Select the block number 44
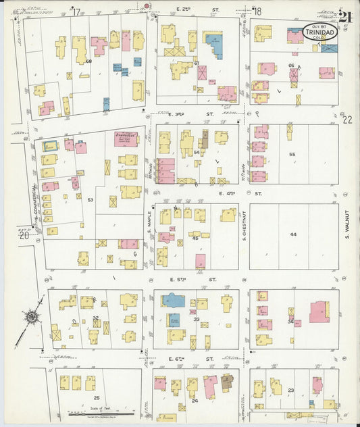293,234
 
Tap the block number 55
292,155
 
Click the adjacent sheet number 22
347,120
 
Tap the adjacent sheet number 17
76,11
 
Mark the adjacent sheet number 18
257,11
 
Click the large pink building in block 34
319,311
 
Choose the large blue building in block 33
173,301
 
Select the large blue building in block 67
214,44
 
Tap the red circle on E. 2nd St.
147,6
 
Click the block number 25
97,398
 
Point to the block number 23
291,391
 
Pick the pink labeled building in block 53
126,139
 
